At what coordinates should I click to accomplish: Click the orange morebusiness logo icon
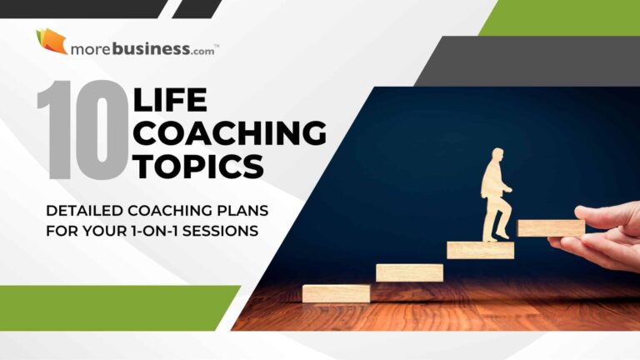tap(51, 41)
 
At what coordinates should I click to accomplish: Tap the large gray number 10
tap(82, 131)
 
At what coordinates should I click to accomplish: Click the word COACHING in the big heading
tap(230, 134)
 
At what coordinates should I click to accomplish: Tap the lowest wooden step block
tap(336, 293)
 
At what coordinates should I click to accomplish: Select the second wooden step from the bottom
tap(408, 272)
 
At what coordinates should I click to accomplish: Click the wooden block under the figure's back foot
tap(480, 250)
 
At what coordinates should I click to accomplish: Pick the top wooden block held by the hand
tap(551, 227)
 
